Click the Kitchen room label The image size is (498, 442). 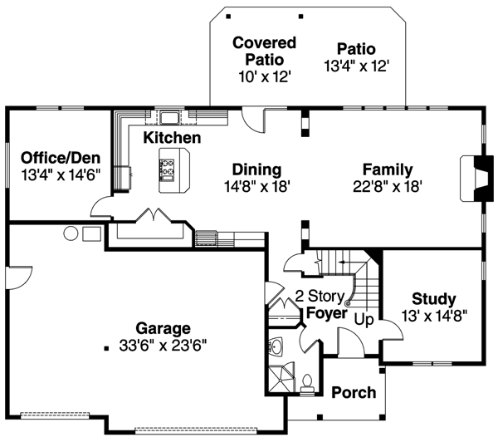point(172,137)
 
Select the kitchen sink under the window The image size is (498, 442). point(170,116)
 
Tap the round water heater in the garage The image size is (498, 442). point(71,233)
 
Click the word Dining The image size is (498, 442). point(256,169)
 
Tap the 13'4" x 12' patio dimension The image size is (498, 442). point(357,63)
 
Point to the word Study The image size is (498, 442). point(433,299)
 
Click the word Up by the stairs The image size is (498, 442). point(364,319)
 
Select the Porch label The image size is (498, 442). point(354,392)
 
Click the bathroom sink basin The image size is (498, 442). point(276,345)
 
